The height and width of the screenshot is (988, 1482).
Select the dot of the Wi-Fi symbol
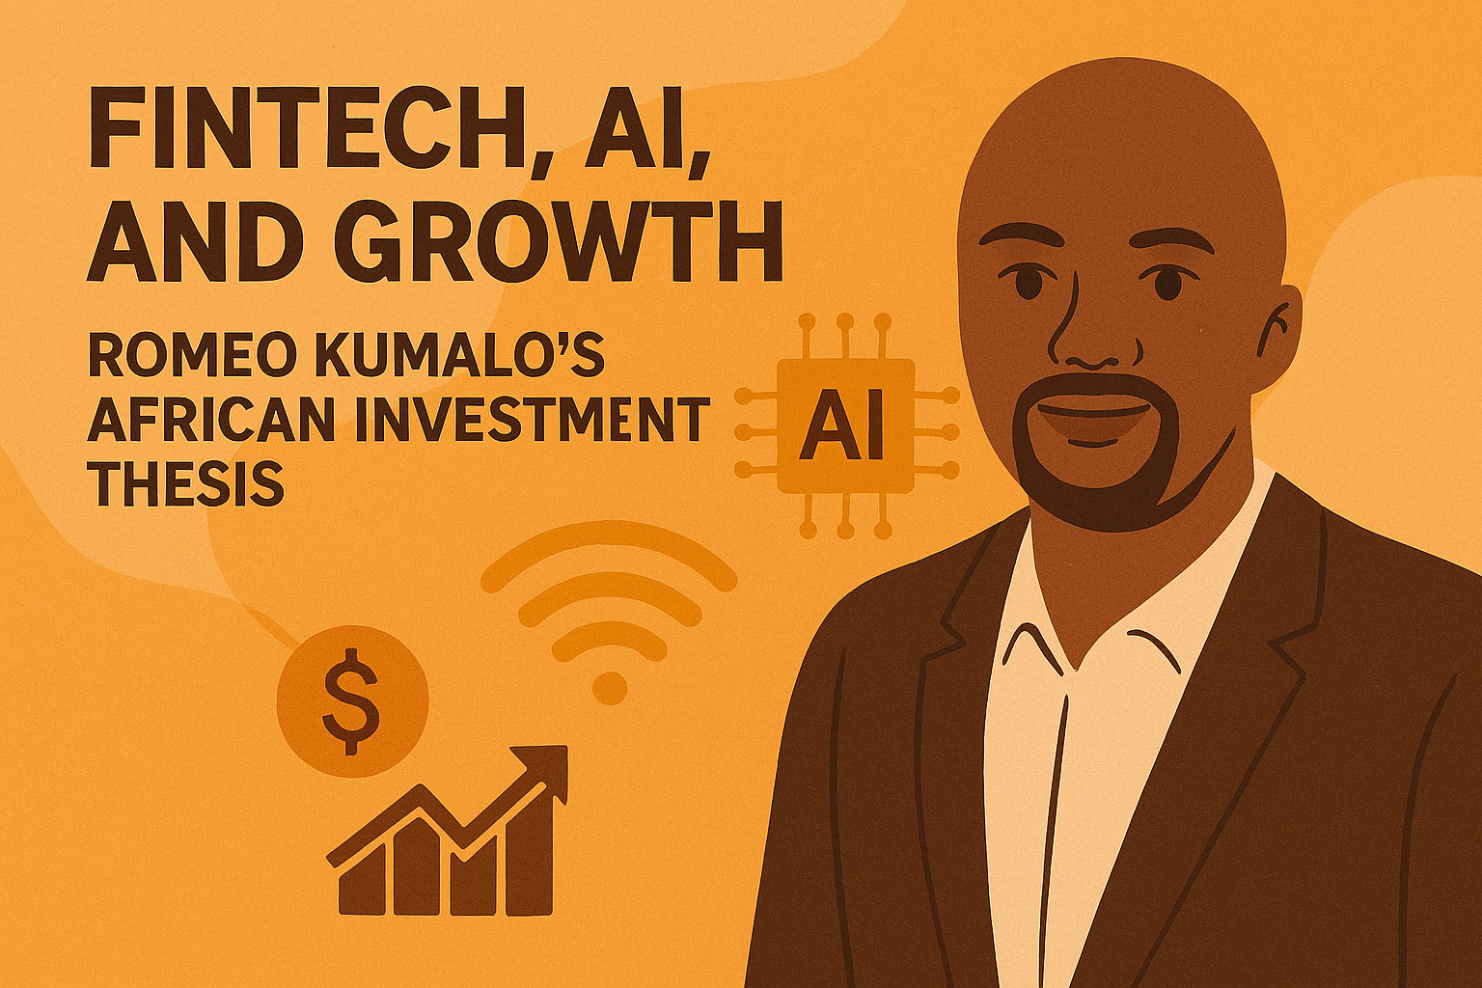point(609,687)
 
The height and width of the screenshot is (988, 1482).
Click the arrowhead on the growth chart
point(546,767)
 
